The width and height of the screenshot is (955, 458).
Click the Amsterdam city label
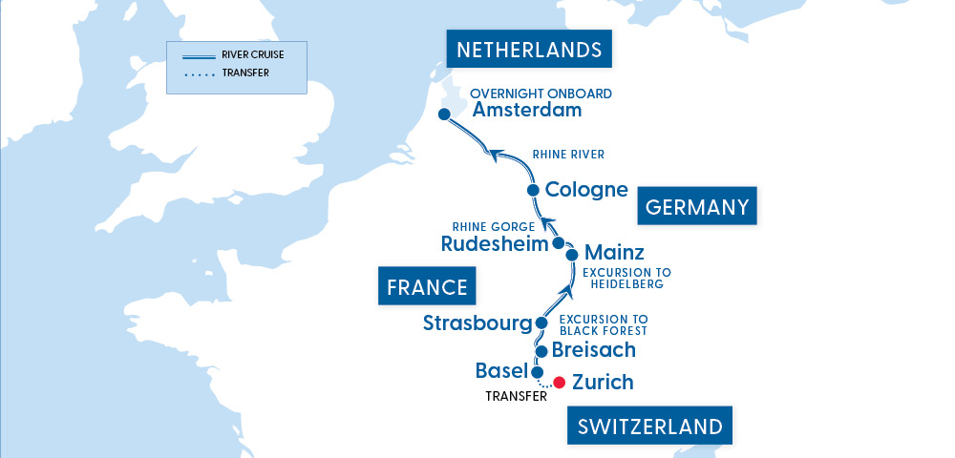tap(526, 111)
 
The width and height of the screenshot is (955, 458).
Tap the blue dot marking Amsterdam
tap(444, 115)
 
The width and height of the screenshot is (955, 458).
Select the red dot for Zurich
tap(559, 383)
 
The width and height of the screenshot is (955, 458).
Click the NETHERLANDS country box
tap(529, 50)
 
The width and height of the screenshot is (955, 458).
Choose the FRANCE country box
tap(427, 286)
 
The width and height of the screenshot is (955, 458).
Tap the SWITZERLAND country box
tap(650, 425)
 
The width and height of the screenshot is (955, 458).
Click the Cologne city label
tap(585, 190)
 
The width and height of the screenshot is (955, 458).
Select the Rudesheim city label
tap(495, 243)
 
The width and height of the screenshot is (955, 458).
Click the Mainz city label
tap(613, 253)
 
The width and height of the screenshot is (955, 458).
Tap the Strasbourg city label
tap(477, 323)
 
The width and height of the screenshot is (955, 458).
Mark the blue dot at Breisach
tap(541, 351)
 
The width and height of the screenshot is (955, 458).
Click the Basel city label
tap(500, 370)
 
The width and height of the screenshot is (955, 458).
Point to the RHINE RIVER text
tap(568, 155)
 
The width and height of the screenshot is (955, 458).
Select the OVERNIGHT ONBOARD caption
tap(541, 94)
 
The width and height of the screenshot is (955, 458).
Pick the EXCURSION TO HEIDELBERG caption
tap(622, 279)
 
